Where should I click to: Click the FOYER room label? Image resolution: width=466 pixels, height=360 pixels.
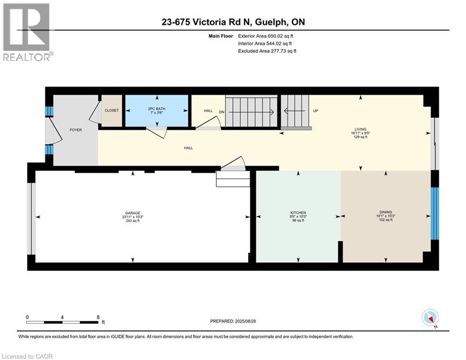pos(76,130)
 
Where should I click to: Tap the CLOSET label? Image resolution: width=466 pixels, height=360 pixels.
pos(112,110)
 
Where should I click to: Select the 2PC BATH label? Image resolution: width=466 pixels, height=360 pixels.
pos(156,109)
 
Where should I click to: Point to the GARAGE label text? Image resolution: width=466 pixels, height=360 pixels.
pos(133,213)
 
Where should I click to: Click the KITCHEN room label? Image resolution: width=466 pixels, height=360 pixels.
pos(298,213)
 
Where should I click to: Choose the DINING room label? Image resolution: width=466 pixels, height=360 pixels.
pos(386,212)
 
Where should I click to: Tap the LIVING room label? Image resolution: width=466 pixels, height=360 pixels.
pos(361,129)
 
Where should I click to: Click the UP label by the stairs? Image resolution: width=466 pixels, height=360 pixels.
pos(316,111)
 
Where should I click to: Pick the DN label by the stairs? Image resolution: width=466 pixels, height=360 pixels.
pos(222,112)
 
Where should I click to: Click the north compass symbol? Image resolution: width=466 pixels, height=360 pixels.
pos(430,318)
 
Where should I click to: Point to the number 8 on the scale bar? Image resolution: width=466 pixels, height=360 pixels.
pos(98,317)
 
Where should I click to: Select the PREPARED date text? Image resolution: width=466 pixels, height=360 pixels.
pos(233,321)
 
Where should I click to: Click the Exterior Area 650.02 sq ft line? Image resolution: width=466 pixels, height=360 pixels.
pos(266,36)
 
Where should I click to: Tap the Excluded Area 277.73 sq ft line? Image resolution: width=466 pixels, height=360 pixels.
pos(267,51)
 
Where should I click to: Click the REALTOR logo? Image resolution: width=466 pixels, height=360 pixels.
pos(27,32)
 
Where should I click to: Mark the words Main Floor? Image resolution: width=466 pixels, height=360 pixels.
pos(221,36)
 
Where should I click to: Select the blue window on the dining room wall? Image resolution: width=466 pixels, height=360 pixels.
pos(435,213)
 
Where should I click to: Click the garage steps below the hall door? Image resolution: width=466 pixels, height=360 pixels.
pos(233,179)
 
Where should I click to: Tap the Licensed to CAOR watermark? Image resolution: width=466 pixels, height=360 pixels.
pos(27,356)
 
